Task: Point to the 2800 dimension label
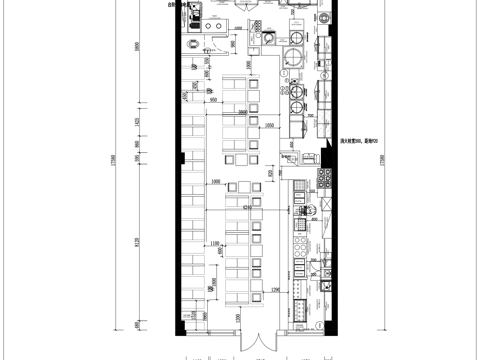click(244, 112)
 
